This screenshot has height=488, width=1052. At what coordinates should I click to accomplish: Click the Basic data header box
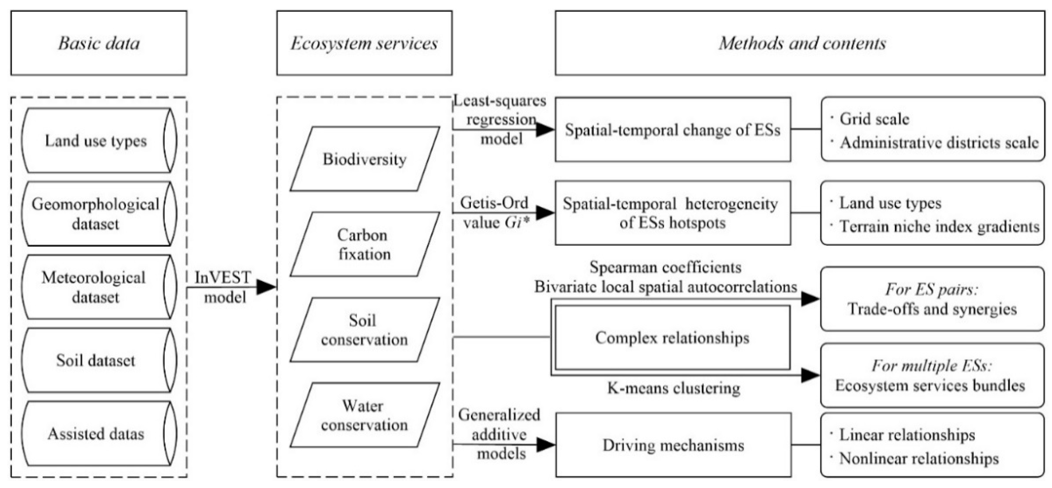coord(99,43)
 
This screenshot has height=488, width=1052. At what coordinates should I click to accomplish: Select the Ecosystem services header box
coord(364,43)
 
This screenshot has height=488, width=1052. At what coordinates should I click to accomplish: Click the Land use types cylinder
coord(96,140)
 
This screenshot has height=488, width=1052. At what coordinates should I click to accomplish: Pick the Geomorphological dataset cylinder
coord(96,213)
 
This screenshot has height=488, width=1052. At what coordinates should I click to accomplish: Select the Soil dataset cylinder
coord(96,360)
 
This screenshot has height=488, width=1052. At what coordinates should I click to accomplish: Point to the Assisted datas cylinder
coord(96,434)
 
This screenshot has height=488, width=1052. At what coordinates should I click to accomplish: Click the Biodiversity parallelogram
coord(364,159)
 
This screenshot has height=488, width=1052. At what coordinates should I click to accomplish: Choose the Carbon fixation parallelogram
coord(364,244)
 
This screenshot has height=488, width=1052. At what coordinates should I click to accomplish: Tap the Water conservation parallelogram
coord(364,415)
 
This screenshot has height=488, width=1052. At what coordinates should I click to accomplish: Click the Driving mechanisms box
coord(673,445)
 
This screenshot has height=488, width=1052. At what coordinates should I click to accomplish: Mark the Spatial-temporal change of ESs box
coord(672,130)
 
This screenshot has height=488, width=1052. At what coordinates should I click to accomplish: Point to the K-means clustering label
coord(673,388)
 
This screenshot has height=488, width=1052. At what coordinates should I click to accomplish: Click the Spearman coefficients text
coord(665,267)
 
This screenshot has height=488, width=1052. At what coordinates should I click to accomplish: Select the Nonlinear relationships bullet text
coord(919,458)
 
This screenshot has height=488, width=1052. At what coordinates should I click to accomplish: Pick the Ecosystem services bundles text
coord(930,386)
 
